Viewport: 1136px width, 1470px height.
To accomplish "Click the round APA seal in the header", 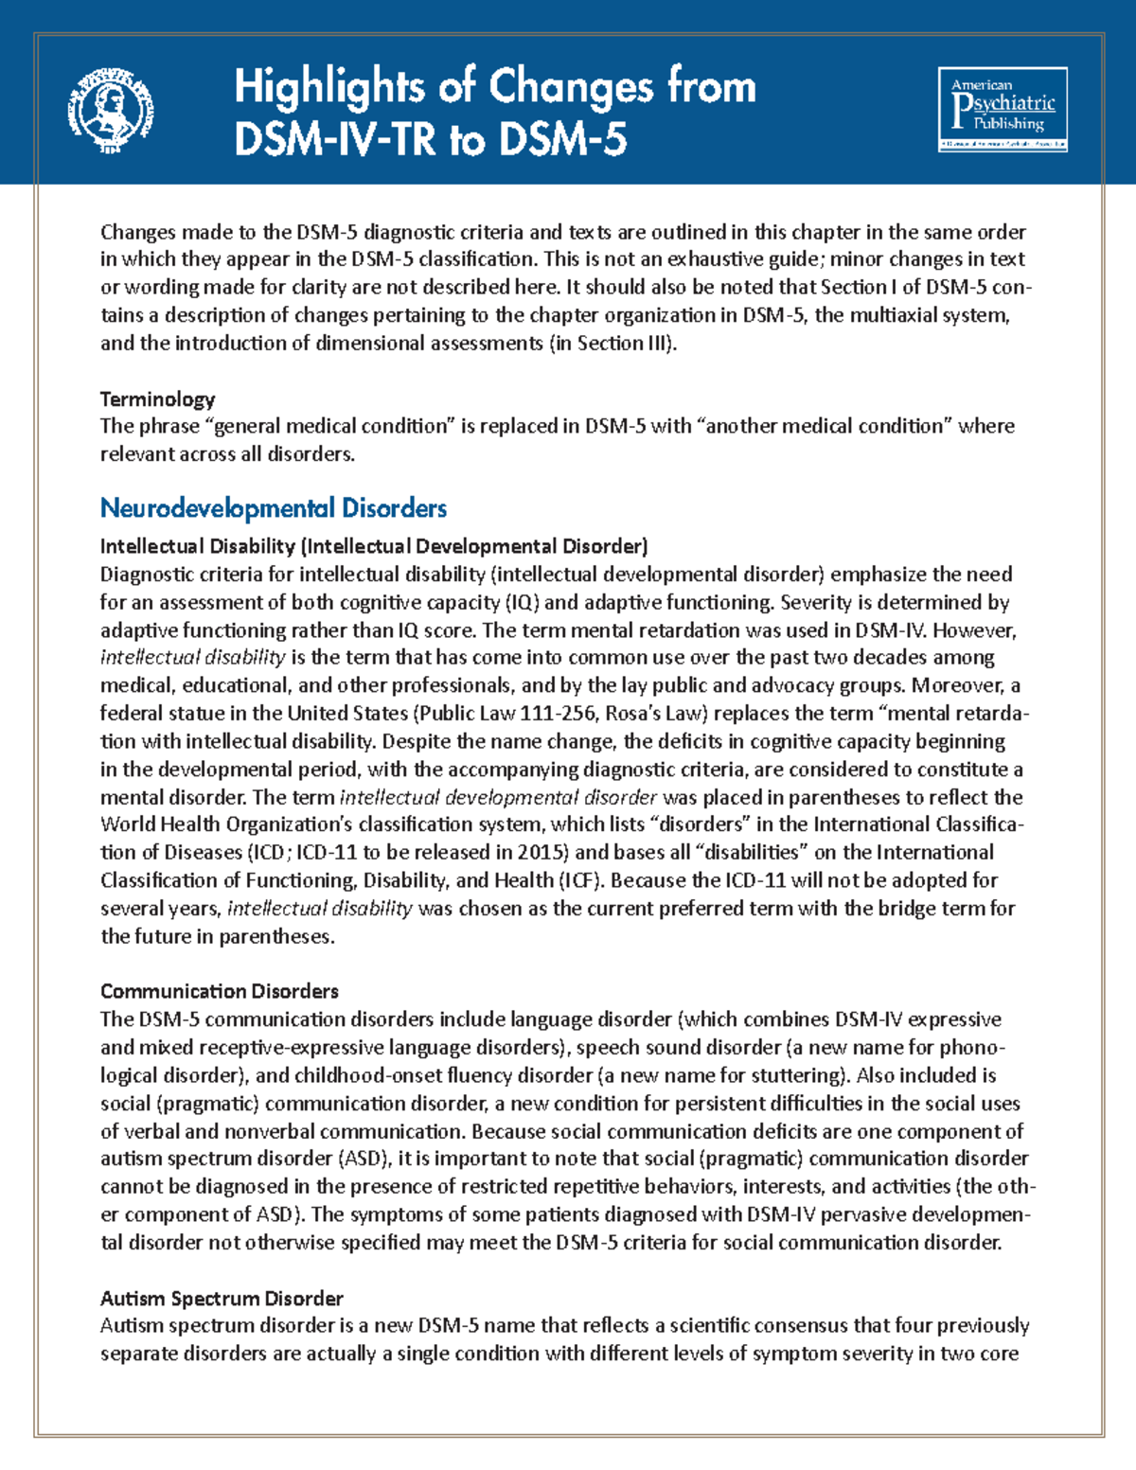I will pyautogui.click(x=111, y=110).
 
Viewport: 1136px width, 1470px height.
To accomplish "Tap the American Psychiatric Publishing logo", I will pyautogui.click(x=1003, y=109).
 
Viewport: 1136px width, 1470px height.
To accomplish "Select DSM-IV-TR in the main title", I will pyautogui.click(x=335, y=141).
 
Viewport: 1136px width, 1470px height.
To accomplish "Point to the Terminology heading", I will pyautogui.click(x=157, y=398).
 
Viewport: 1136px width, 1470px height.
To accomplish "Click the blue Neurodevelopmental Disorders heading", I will pyautogui.click(x=273, y=508).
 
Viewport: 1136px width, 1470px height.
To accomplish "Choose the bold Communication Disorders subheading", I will pyautogui.click(x=219, y=991).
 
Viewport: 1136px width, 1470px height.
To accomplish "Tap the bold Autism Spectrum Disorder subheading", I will pyautogui.click(x=222, y=1298).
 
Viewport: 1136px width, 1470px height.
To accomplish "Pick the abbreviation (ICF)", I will pyautogui.click(x=580, y=880).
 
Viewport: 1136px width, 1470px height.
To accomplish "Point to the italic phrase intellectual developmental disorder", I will pyautogui.click(x=498, y=797).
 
